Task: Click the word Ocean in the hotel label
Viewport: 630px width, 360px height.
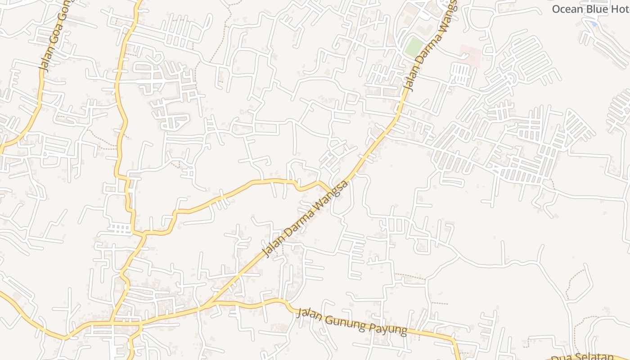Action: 567,9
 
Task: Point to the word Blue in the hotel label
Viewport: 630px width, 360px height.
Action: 597,9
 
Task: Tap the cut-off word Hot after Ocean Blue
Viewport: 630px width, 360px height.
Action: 621,9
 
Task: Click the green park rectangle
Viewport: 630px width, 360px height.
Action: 413,47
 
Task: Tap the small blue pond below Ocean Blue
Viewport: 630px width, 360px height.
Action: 594,23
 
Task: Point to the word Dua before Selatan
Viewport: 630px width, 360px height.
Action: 560,359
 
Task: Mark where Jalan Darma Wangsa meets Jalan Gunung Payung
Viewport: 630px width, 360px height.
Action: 210,304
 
